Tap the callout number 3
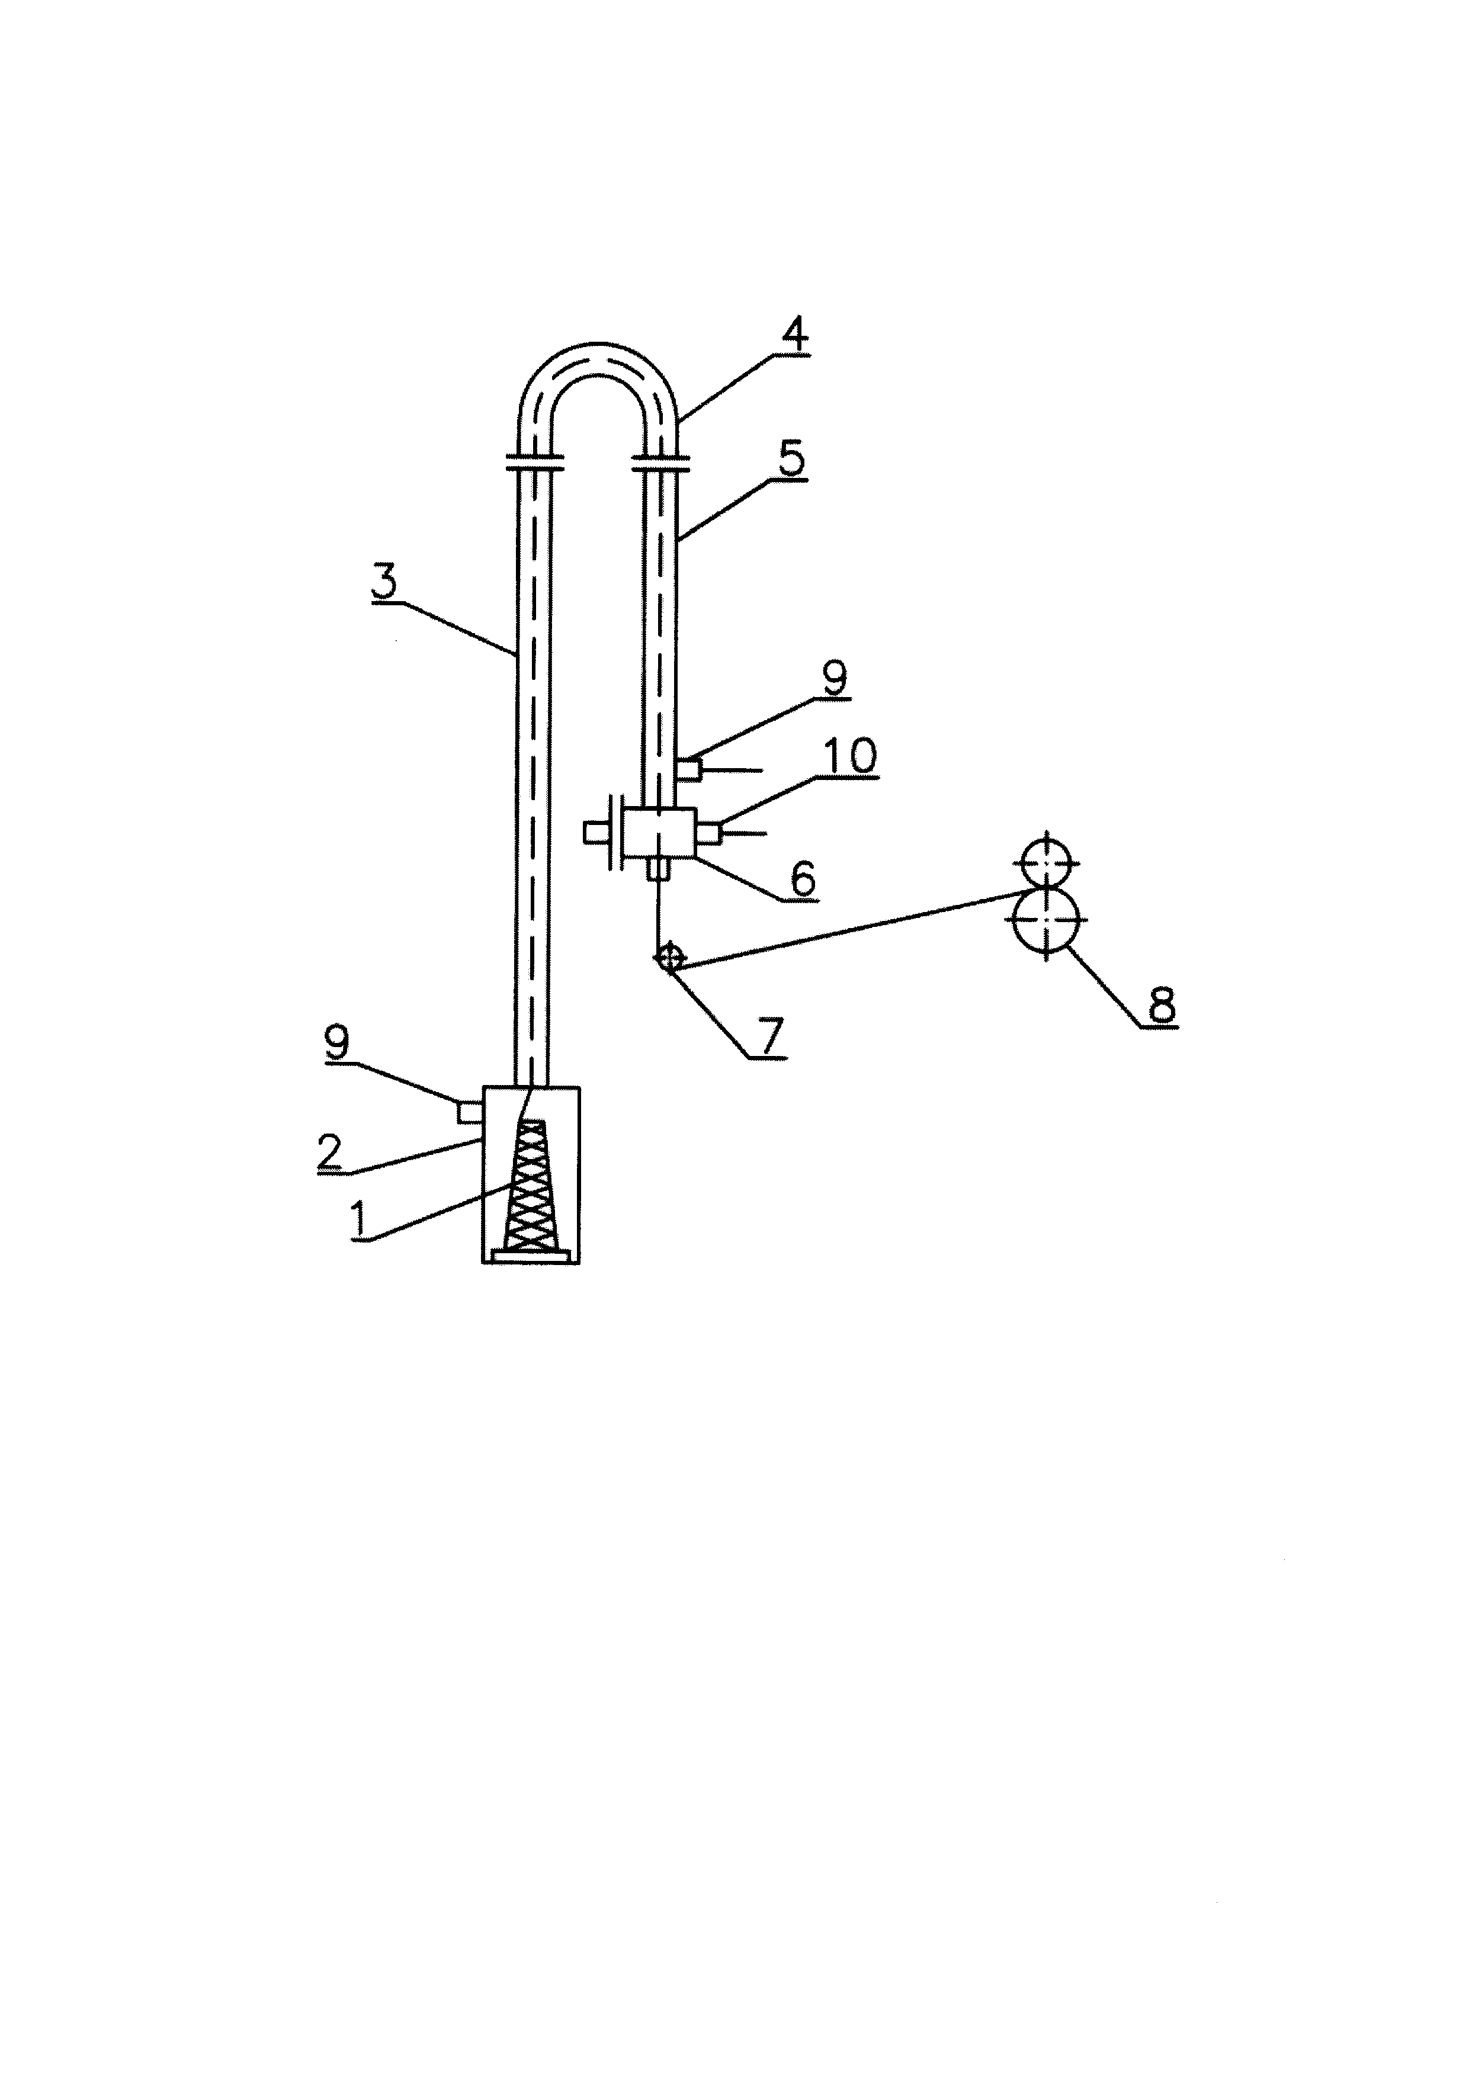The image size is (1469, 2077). pos(384,582)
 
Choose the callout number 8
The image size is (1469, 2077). pos(1162,1004)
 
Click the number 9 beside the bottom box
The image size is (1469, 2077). pos(336,1042)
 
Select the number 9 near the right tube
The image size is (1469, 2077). pos(834,678)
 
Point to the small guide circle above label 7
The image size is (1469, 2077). pos(669,957)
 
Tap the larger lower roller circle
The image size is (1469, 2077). pos(1045,919)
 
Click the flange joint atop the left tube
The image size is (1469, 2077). pos(535,463)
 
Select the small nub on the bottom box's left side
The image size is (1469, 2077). pos(470,1111)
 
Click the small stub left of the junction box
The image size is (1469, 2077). pos(596,832)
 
